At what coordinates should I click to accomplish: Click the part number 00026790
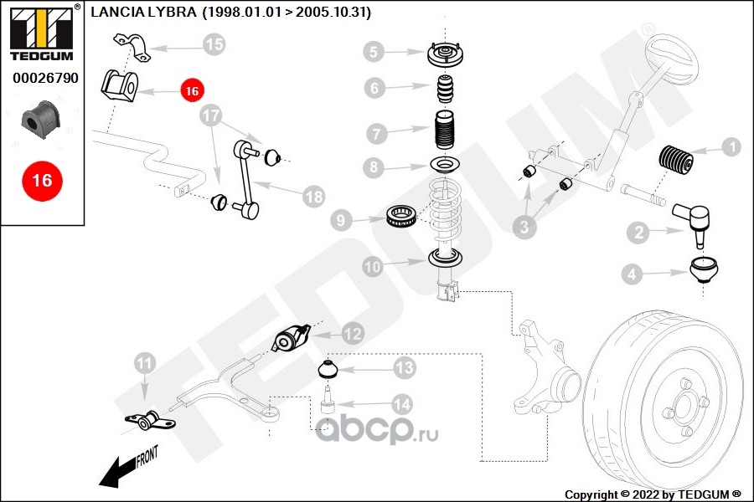[45, 78]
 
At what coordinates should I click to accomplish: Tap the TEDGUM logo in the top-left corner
[43, 33]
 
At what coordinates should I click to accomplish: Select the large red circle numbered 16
[43, 181]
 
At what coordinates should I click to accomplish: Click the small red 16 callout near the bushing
[192, 90]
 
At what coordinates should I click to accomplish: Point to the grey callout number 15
[214, 44]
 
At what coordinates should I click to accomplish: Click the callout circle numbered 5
[374, 51]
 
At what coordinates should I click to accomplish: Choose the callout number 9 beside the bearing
[341, 221]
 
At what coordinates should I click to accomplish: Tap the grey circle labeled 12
[353, 333]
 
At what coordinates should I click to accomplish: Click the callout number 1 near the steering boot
[732, 146]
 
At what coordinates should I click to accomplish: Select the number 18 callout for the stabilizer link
[314, 197]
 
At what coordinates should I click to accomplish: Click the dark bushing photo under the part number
[40, 120]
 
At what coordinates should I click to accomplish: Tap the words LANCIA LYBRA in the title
[143, 12]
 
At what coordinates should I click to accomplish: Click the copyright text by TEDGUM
[653, 494]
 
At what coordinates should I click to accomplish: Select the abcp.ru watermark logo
[376, 430]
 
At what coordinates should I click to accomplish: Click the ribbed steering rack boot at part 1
[675, 158]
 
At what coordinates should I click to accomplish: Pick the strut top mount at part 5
[446, 54]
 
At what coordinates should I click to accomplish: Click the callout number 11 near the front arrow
[145, 364]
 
